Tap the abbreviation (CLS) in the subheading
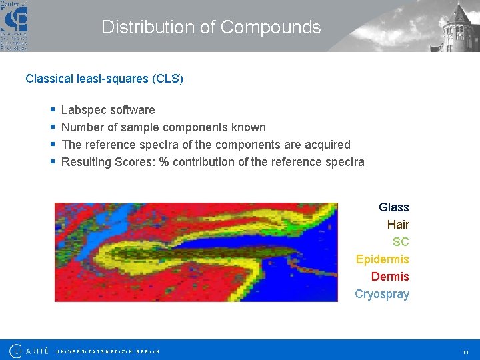167,79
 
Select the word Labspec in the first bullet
83,110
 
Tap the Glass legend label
393,207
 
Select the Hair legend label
398,225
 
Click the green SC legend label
401,242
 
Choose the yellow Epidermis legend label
382,259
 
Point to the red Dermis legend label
390,277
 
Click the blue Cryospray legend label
381,294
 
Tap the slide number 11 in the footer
465,351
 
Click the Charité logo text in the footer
30,350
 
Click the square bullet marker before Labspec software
53,110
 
